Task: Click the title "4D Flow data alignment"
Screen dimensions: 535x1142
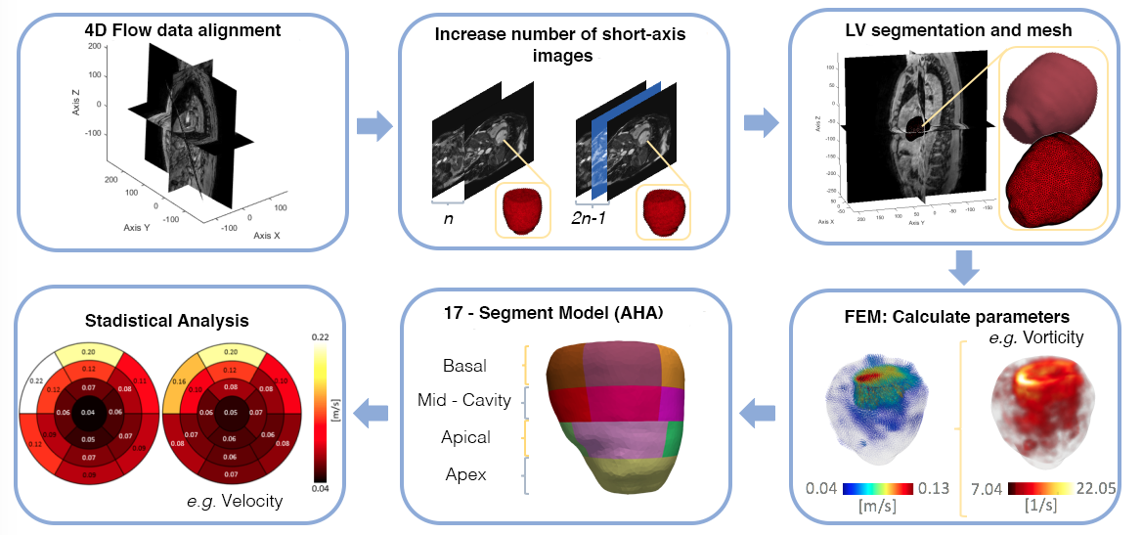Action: [183, 30]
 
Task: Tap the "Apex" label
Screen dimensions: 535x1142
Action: [466, 475]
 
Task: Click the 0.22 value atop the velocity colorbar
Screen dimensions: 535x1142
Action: [321, 337]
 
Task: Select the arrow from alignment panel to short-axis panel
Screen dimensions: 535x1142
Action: [373, 125]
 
